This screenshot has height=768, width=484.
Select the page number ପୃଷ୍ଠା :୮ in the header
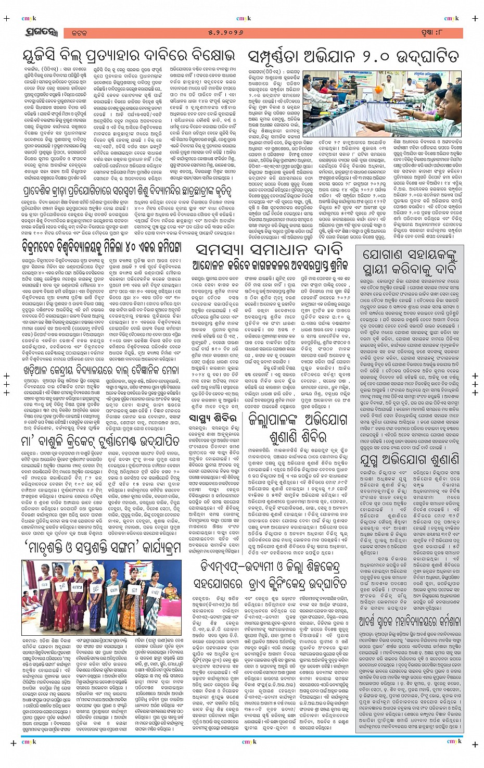(443, 33)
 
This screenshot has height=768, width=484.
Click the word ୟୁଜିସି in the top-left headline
(45, 56)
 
